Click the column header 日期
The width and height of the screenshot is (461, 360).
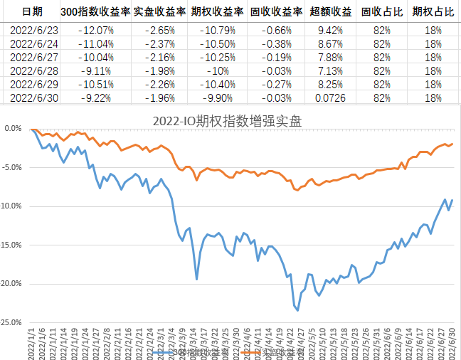point(31,12)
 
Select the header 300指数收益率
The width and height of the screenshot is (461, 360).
point(95,12)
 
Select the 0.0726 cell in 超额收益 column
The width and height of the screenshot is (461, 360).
point(330,97)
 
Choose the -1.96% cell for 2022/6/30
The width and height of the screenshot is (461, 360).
point(157,97)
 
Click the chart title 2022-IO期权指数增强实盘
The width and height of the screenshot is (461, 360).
point(227,120)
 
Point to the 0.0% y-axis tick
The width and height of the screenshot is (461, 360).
point(12,129)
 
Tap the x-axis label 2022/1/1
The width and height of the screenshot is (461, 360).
point(32,342)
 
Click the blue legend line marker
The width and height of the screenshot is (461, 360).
point(162,352)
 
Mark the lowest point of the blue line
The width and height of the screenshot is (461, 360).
point(297,310)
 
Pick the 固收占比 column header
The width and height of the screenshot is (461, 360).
point(376,12)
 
